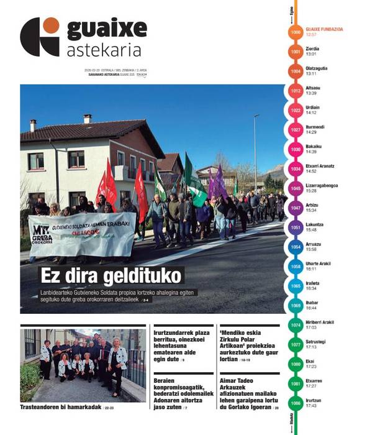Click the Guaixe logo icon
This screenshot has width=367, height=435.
click(x=39, y=36)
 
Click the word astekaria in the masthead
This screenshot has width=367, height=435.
click(x=104, y=50)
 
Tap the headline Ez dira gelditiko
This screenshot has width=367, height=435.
click(x=111, y=275)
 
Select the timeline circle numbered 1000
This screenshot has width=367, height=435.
click(x=296, y=32)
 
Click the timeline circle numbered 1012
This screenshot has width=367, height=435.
click(x=296, y=91)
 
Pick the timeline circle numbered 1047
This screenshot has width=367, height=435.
click(x=296, y=208)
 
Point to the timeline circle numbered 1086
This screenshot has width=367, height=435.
click(x=296, y=403)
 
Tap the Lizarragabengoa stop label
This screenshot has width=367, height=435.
click(x=322, y=185)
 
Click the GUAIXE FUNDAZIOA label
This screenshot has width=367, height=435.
click(x=324, y=29)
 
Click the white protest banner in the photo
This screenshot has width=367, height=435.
click(x=81, y=234)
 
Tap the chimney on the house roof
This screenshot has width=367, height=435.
click(x=88, y=118)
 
